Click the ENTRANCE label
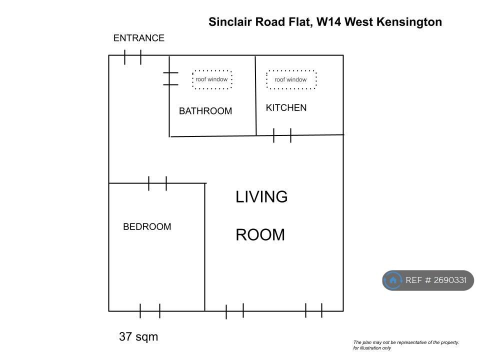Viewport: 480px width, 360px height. point(139,38)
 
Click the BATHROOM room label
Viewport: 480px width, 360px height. point(205,111)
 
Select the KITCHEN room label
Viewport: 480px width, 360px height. point(286,108)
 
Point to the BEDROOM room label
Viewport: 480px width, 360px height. point(147,226)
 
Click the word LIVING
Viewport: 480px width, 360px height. point(261,197)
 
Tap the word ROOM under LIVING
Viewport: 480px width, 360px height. point(260,235)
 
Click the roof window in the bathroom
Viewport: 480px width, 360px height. point(212,79)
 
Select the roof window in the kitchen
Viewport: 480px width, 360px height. point(291,79)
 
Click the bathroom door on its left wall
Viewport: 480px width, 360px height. point(170,78)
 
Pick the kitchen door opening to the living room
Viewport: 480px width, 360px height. point(282,135)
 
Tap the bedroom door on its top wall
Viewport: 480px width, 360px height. point(157,183)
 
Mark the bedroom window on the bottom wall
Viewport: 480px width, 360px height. point(150,311)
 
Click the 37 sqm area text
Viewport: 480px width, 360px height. point(138,336)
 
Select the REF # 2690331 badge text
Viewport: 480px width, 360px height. point(436,280)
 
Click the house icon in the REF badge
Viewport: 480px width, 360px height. point(393,280)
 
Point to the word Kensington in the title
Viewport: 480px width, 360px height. point(409,22)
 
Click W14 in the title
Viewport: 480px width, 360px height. point(329,22)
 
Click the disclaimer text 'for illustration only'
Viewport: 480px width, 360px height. point(372,348)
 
